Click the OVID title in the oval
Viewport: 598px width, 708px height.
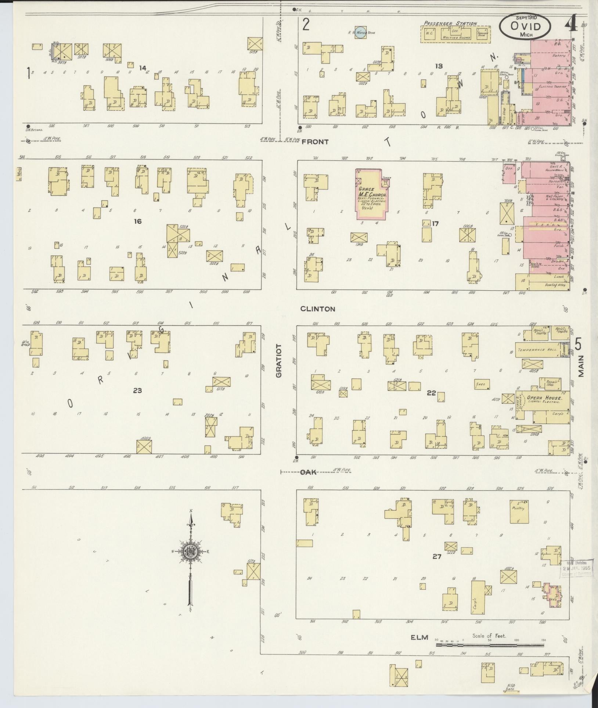coord(525,26)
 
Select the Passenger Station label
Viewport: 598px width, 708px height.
coord(450,23)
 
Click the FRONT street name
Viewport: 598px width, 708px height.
coord(315,141)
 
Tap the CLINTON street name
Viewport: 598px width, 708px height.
coord(317,309)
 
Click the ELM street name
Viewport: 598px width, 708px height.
coord(419,637)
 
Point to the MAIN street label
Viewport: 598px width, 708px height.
coord(581,366)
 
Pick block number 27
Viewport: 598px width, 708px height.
coord(436,567)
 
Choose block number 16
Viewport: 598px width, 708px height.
coord(138,221)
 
